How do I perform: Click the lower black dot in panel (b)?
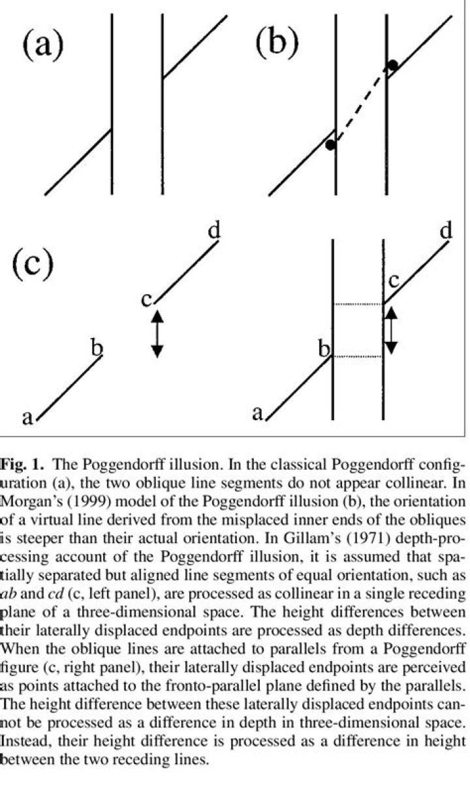point(331,145)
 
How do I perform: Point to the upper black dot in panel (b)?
point(392,65)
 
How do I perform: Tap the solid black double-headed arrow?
point(157,333)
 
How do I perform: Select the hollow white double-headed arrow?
point(390,331)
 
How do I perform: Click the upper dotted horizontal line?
point(358,304)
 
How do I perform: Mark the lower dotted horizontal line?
point(358,357)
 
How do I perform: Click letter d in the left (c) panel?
point(214,230)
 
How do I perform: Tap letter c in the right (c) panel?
point(394,281)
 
